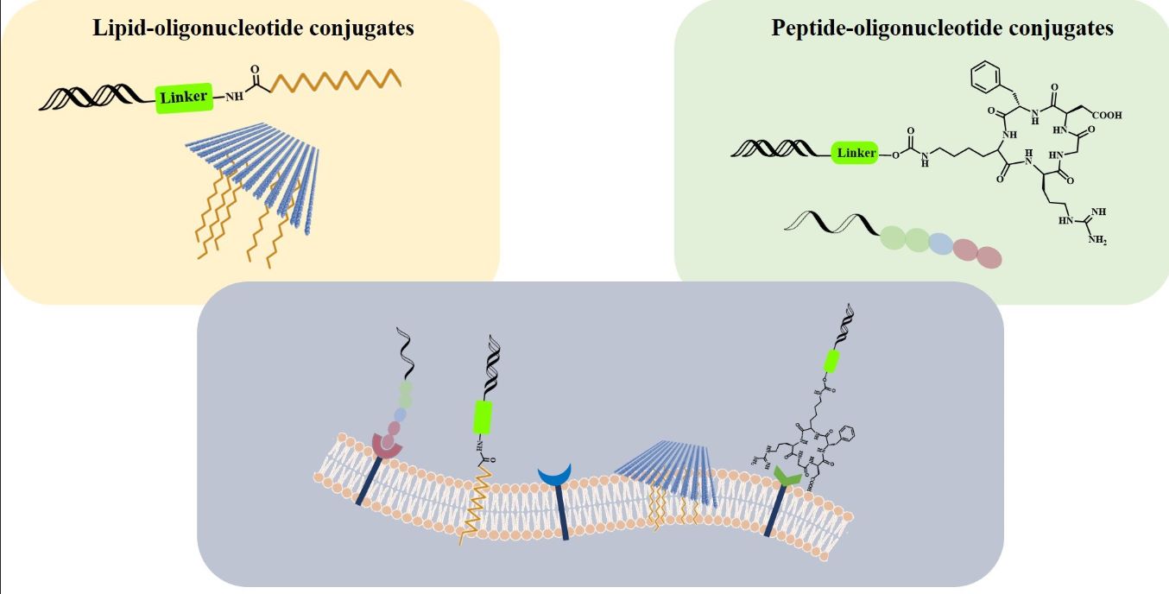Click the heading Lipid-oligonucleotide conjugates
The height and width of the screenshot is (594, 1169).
pos(253,28)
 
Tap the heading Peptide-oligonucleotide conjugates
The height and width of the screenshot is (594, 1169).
pos(942,28)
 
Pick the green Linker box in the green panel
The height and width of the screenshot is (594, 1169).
pos(855,154)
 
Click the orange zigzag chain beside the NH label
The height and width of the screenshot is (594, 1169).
pos(337,81)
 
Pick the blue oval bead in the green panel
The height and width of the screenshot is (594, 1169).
pos(940,245)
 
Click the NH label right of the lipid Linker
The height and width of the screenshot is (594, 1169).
pos(234,96)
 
